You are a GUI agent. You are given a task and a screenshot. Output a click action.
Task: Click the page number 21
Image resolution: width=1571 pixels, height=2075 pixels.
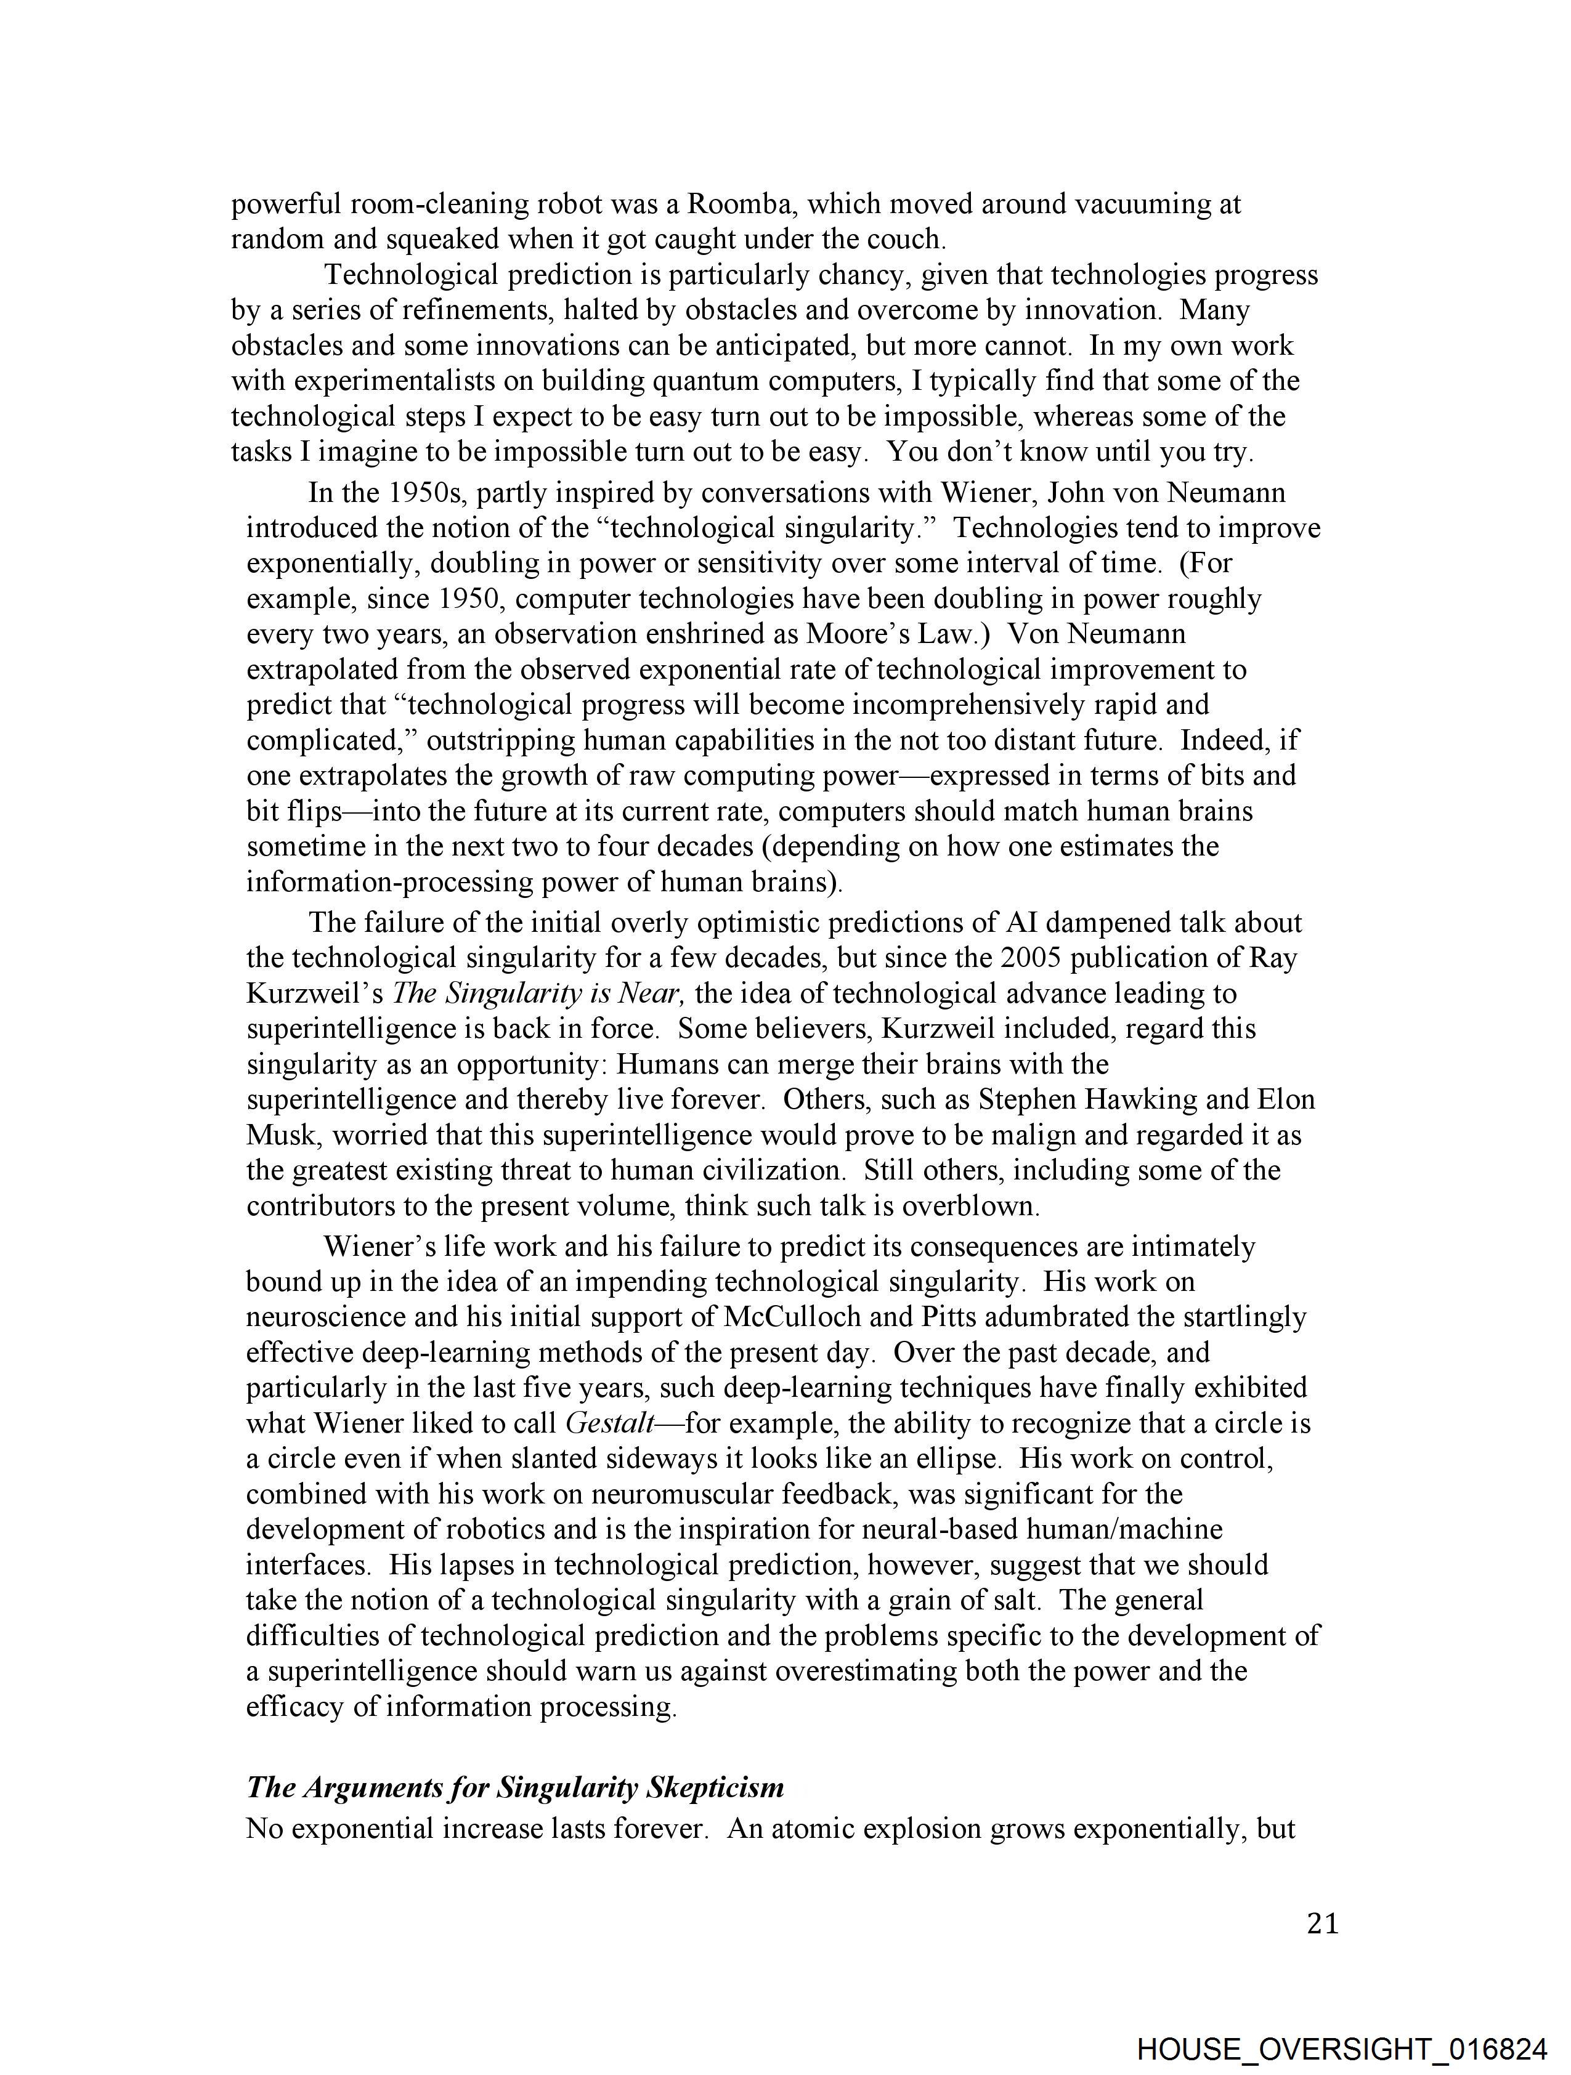[x=1322, y=1924]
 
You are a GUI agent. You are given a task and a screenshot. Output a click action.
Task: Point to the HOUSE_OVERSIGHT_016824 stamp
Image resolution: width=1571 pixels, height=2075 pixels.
[x=1341, y=2049]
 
